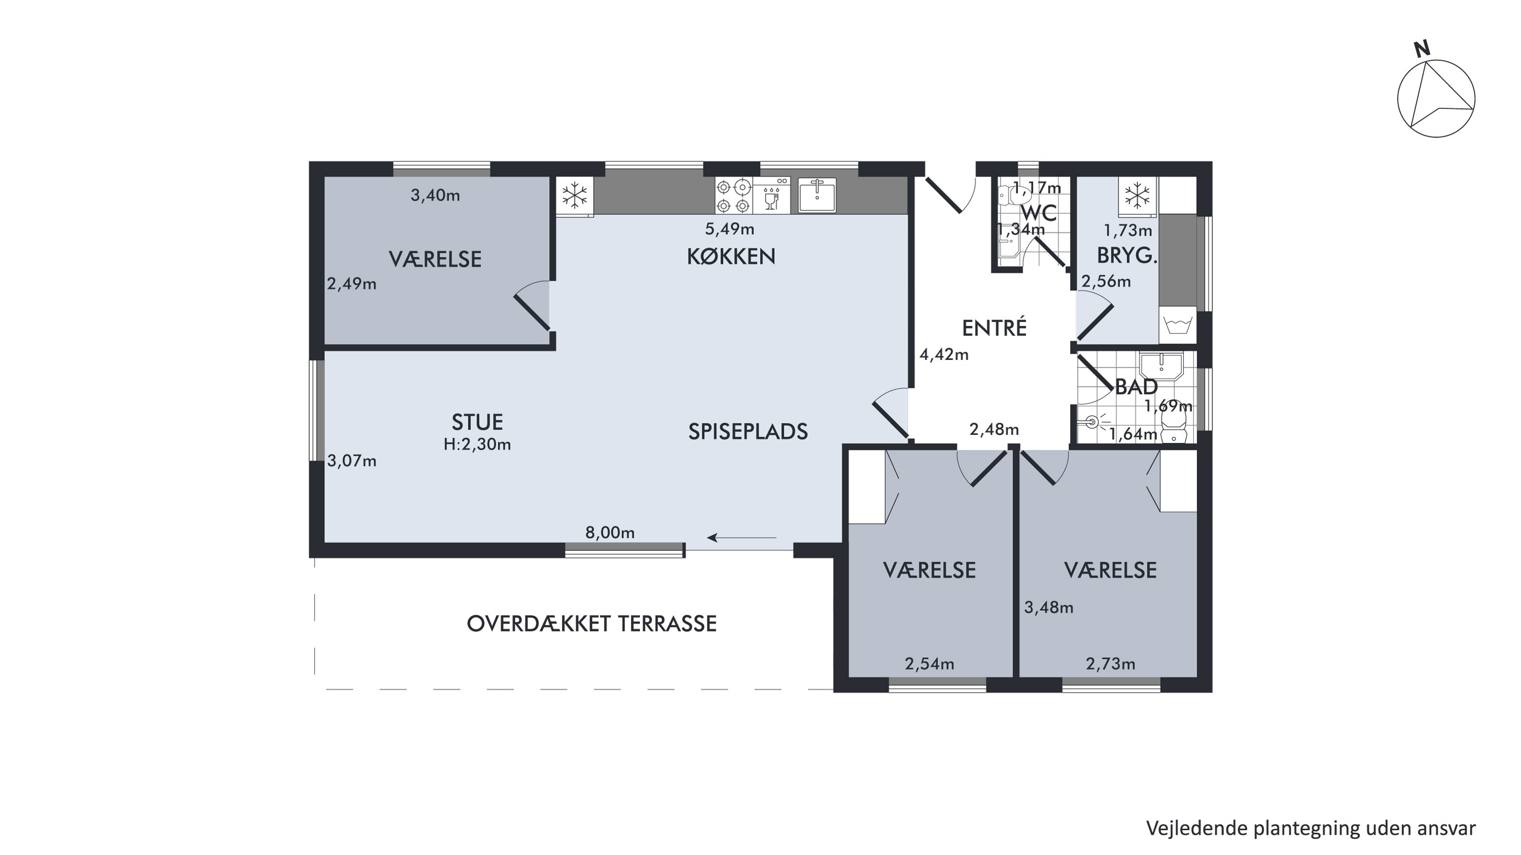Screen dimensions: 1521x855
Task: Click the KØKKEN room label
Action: (x=731, y=256)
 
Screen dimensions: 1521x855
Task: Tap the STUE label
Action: (x=477, y=423)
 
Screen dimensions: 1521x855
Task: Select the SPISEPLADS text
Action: (x=747, y=432)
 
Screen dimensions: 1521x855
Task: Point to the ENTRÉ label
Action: (x=994, y=327)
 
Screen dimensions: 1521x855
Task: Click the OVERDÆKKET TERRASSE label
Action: (x=592, y=624)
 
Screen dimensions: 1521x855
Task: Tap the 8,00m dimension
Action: (x=610, y=533)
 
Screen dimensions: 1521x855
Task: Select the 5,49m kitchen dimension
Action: (x=730, y=229)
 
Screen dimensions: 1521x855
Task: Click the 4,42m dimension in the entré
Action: (x=944, y=355)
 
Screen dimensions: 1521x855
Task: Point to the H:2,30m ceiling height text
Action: (x=477, y=444)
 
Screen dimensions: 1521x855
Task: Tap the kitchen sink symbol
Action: (x=817, y=195)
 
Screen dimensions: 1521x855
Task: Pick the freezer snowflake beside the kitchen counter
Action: (x=574, y=195)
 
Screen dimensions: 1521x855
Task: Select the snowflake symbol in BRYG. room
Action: (x=1137, y=195)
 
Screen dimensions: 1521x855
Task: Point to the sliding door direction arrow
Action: (x=742, y=538)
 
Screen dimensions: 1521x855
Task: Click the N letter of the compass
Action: (x=1423, y=49)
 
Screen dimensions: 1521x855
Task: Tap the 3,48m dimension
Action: (x=1048, y=608)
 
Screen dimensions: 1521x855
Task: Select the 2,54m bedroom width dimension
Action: (x=929, y=664)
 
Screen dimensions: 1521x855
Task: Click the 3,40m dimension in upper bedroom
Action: (x=435, y=195)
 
